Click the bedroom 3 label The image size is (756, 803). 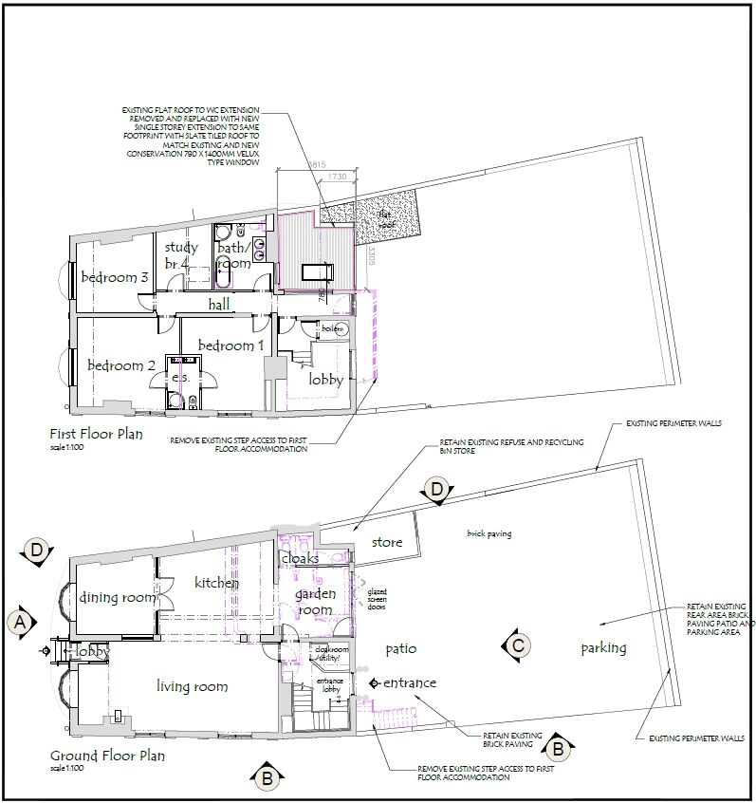tap(114, 277)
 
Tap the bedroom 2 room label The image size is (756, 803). tap(121, 365)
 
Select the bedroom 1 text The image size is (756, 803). tap(230, 345)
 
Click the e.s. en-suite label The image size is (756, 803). tap(180, 378)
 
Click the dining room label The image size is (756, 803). tap(117, 597)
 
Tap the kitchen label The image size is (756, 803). tap(217, 582)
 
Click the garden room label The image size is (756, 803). tap(314, 602)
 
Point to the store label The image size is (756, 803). tap(387, 543)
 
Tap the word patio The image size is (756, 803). tap(402, 648)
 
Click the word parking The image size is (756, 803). tap(603, 648)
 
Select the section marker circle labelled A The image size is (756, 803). tap(17, 622)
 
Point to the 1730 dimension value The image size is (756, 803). tap(335, 177)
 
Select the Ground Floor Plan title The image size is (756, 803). tap(106, 756)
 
